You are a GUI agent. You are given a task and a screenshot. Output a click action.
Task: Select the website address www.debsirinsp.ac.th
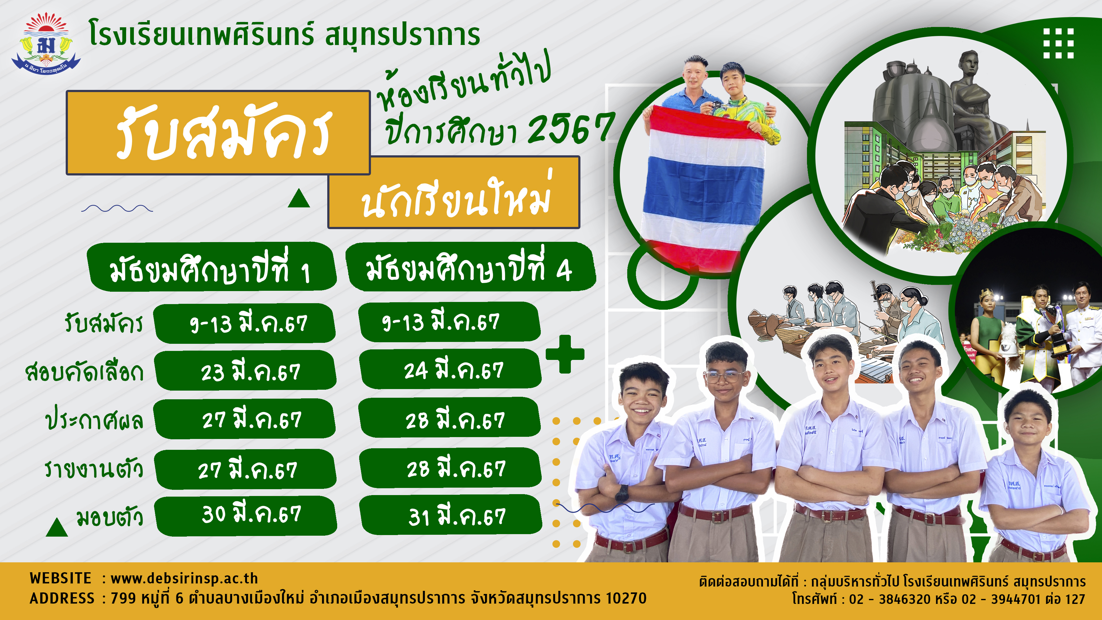coord(184,578)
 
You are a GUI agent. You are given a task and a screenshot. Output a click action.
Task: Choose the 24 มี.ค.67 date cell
coord(451,369)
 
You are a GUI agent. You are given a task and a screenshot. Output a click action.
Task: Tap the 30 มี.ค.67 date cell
coord(246,516)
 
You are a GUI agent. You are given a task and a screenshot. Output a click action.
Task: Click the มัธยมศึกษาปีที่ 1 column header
coord(211,268)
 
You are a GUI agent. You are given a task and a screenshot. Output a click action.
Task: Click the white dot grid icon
coord(1058,43)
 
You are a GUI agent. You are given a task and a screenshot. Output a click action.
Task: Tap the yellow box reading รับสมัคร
coord(218,133)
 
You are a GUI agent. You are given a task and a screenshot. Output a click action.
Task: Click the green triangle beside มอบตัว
coord(57,527)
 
